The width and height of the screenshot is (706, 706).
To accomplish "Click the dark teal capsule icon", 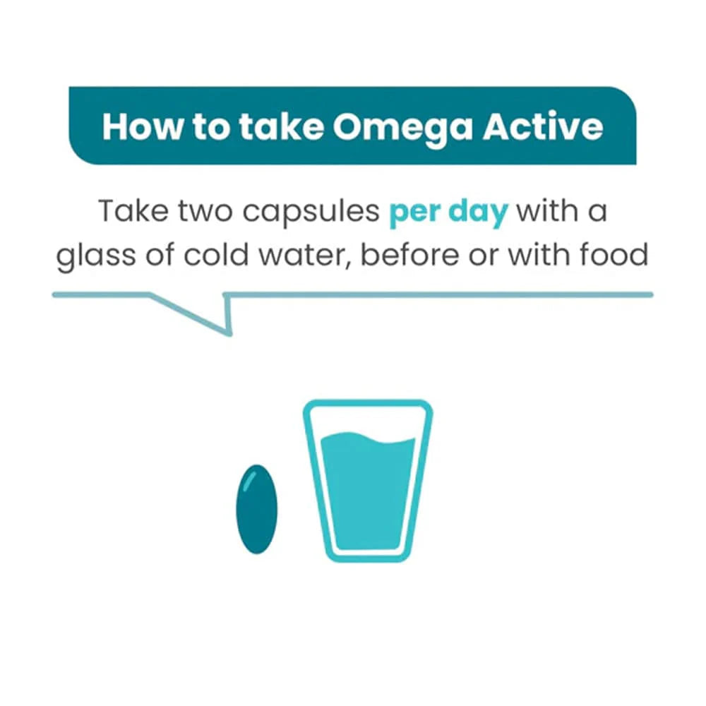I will [x=256, y=509].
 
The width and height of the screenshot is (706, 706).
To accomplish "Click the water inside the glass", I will [x=367, y=494].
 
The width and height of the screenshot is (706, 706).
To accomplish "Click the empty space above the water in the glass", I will [x=367, y=422].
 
